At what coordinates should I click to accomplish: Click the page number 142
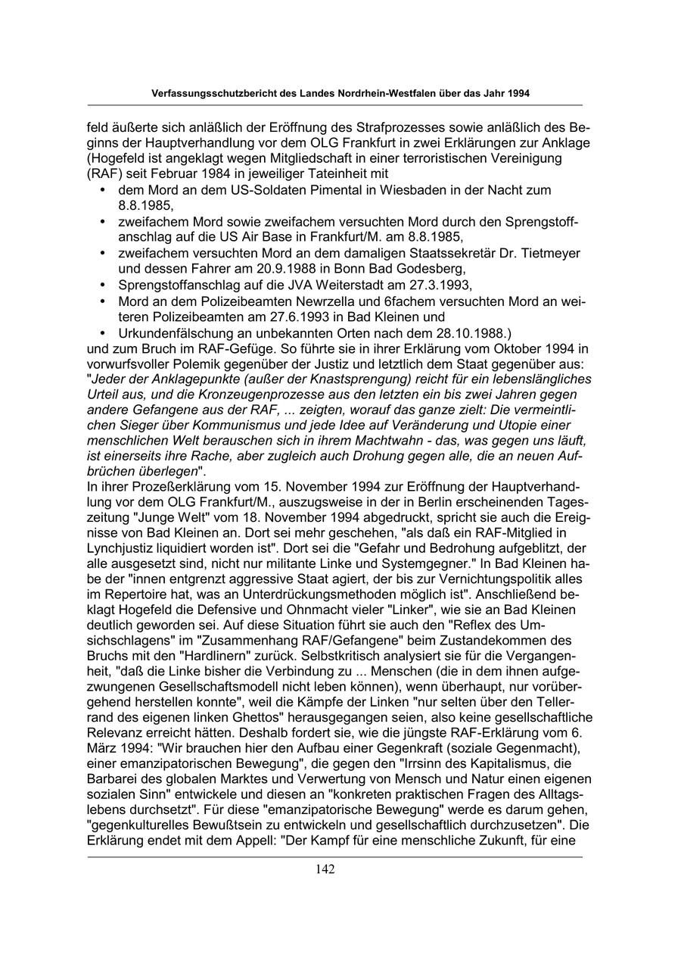coord(325,869)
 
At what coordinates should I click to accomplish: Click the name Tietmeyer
coord(549,253)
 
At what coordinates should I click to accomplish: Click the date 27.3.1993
coord(384,285)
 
